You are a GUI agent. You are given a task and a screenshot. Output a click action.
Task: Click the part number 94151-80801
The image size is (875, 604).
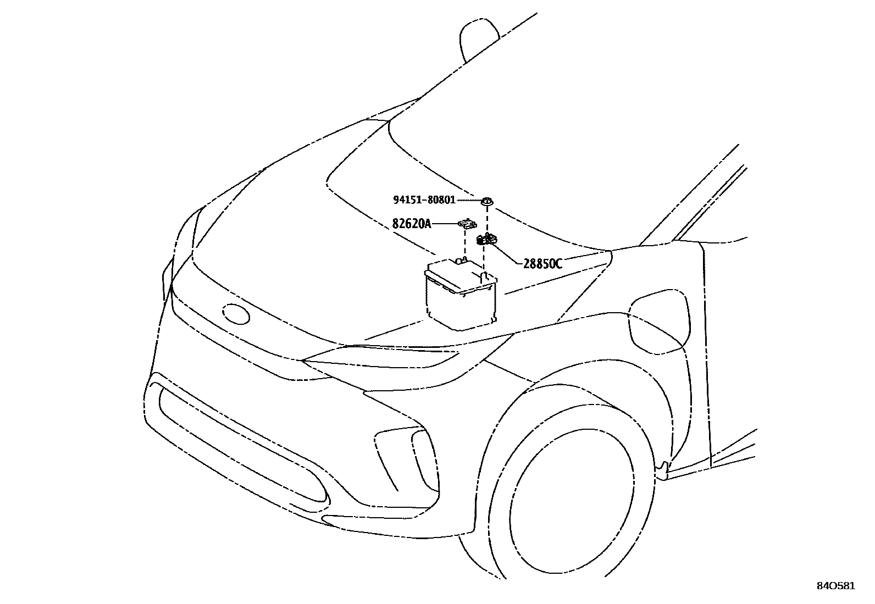tap(424, 200)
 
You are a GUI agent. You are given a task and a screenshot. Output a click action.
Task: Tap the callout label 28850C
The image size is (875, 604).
tap(542, 264)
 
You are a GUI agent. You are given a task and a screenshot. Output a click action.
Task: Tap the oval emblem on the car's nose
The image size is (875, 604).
tap(236, 314)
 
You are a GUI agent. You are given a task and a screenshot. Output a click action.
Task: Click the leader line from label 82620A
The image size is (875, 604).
tap(445, 224)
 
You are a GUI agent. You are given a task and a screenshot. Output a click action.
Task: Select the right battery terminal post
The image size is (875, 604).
tap(484, 275)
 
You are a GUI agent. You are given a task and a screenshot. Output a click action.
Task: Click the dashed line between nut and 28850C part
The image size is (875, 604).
tap(487, 220)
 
